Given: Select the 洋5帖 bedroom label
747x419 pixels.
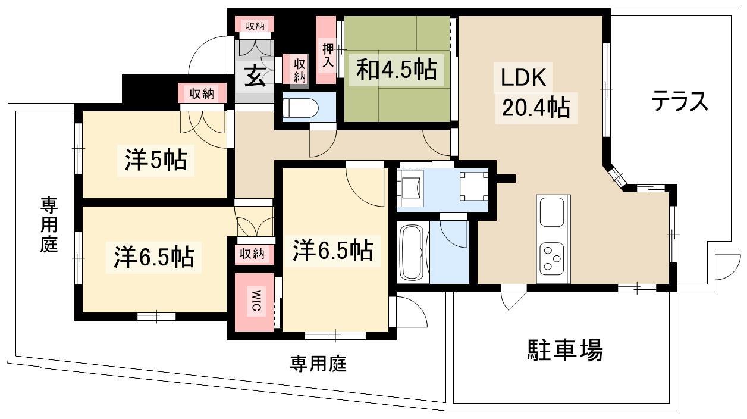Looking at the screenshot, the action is pos(156,160).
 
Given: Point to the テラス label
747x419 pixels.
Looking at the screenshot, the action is pos(680,101).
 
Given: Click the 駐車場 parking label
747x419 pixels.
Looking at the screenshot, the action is pos(565,350).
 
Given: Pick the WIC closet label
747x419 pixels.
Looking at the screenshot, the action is pos(256,301).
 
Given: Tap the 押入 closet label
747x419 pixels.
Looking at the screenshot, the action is pos(328,55).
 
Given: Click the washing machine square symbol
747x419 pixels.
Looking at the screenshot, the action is pos(473,186).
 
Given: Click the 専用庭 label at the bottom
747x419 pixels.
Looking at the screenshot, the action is pos(318,363).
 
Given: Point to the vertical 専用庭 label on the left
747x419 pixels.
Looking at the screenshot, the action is pos(49,225).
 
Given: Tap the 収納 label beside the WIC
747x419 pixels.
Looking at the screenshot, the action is pos(252,254).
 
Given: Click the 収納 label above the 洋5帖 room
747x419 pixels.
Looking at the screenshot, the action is pos(202,95).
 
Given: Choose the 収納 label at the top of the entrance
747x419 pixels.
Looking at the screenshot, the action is pos(255,26).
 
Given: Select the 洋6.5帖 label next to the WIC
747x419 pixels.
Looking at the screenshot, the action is pos(333,251).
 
